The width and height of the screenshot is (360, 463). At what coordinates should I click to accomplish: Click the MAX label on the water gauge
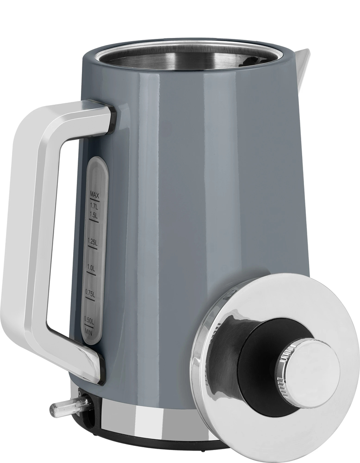pos(94,195)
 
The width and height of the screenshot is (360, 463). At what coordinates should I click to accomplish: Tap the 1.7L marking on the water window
pos(93,206)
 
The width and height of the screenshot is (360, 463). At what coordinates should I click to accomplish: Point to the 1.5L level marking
pos(93,215)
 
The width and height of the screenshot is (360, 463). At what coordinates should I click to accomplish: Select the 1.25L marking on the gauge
pos(92,242)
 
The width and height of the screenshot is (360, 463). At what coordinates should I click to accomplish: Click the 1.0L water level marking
pos(91,268)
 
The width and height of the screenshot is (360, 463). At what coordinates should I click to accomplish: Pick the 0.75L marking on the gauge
pos(90,293)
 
